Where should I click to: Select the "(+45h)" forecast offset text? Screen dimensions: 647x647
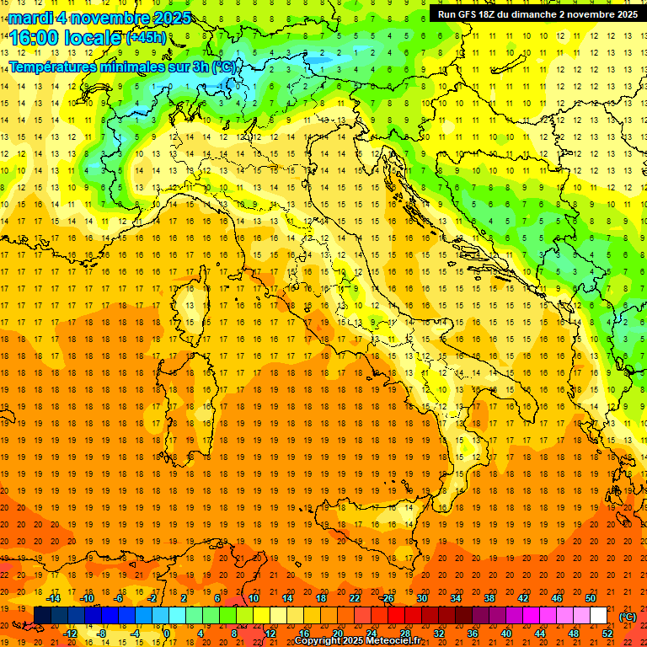click(x=146, y=38)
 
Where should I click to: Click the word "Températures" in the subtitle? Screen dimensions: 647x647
click(x=52, y=67)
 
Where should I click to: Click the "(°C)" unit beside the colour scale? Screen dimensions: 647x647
click(x=628, y=617)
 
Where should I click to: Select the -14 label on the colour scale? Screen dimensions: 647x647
click(x=53, y=598)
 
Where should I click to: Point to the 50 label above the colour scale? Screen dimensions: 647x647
click(x=591, y=598)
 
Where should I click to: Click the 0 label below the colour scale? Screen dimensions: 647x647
click(x=167, y=634)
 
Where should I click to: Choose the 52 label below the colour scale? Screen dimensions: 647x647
click(x=607, y=634)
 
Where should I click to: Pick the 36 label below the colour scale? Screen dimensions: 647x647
click(x=472, y=634)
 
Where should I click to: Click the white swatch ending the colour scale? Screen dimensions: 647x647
click(x=599, y=616)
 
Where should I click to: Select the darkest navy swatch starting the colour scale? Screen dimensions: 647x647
click(x=42, y=616)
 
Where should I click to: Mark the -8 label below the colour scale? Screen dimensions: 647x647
click(x=102, y=634)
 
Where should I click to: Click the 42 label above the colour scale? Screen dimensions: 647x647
click(x=522, y=598)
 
